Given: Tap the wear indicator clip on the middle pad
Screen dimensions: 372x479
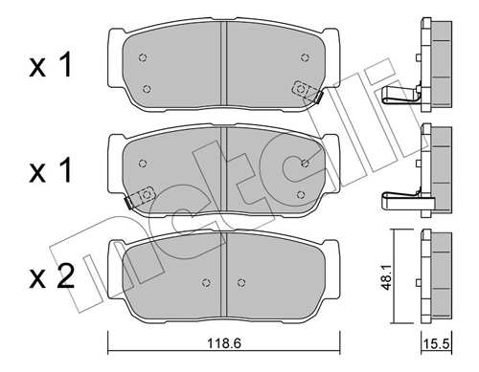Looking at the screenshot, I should [x=139, y=197].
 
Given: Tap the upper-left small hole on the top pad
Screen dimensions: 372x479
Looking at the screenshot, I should [x=143, y=57].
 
